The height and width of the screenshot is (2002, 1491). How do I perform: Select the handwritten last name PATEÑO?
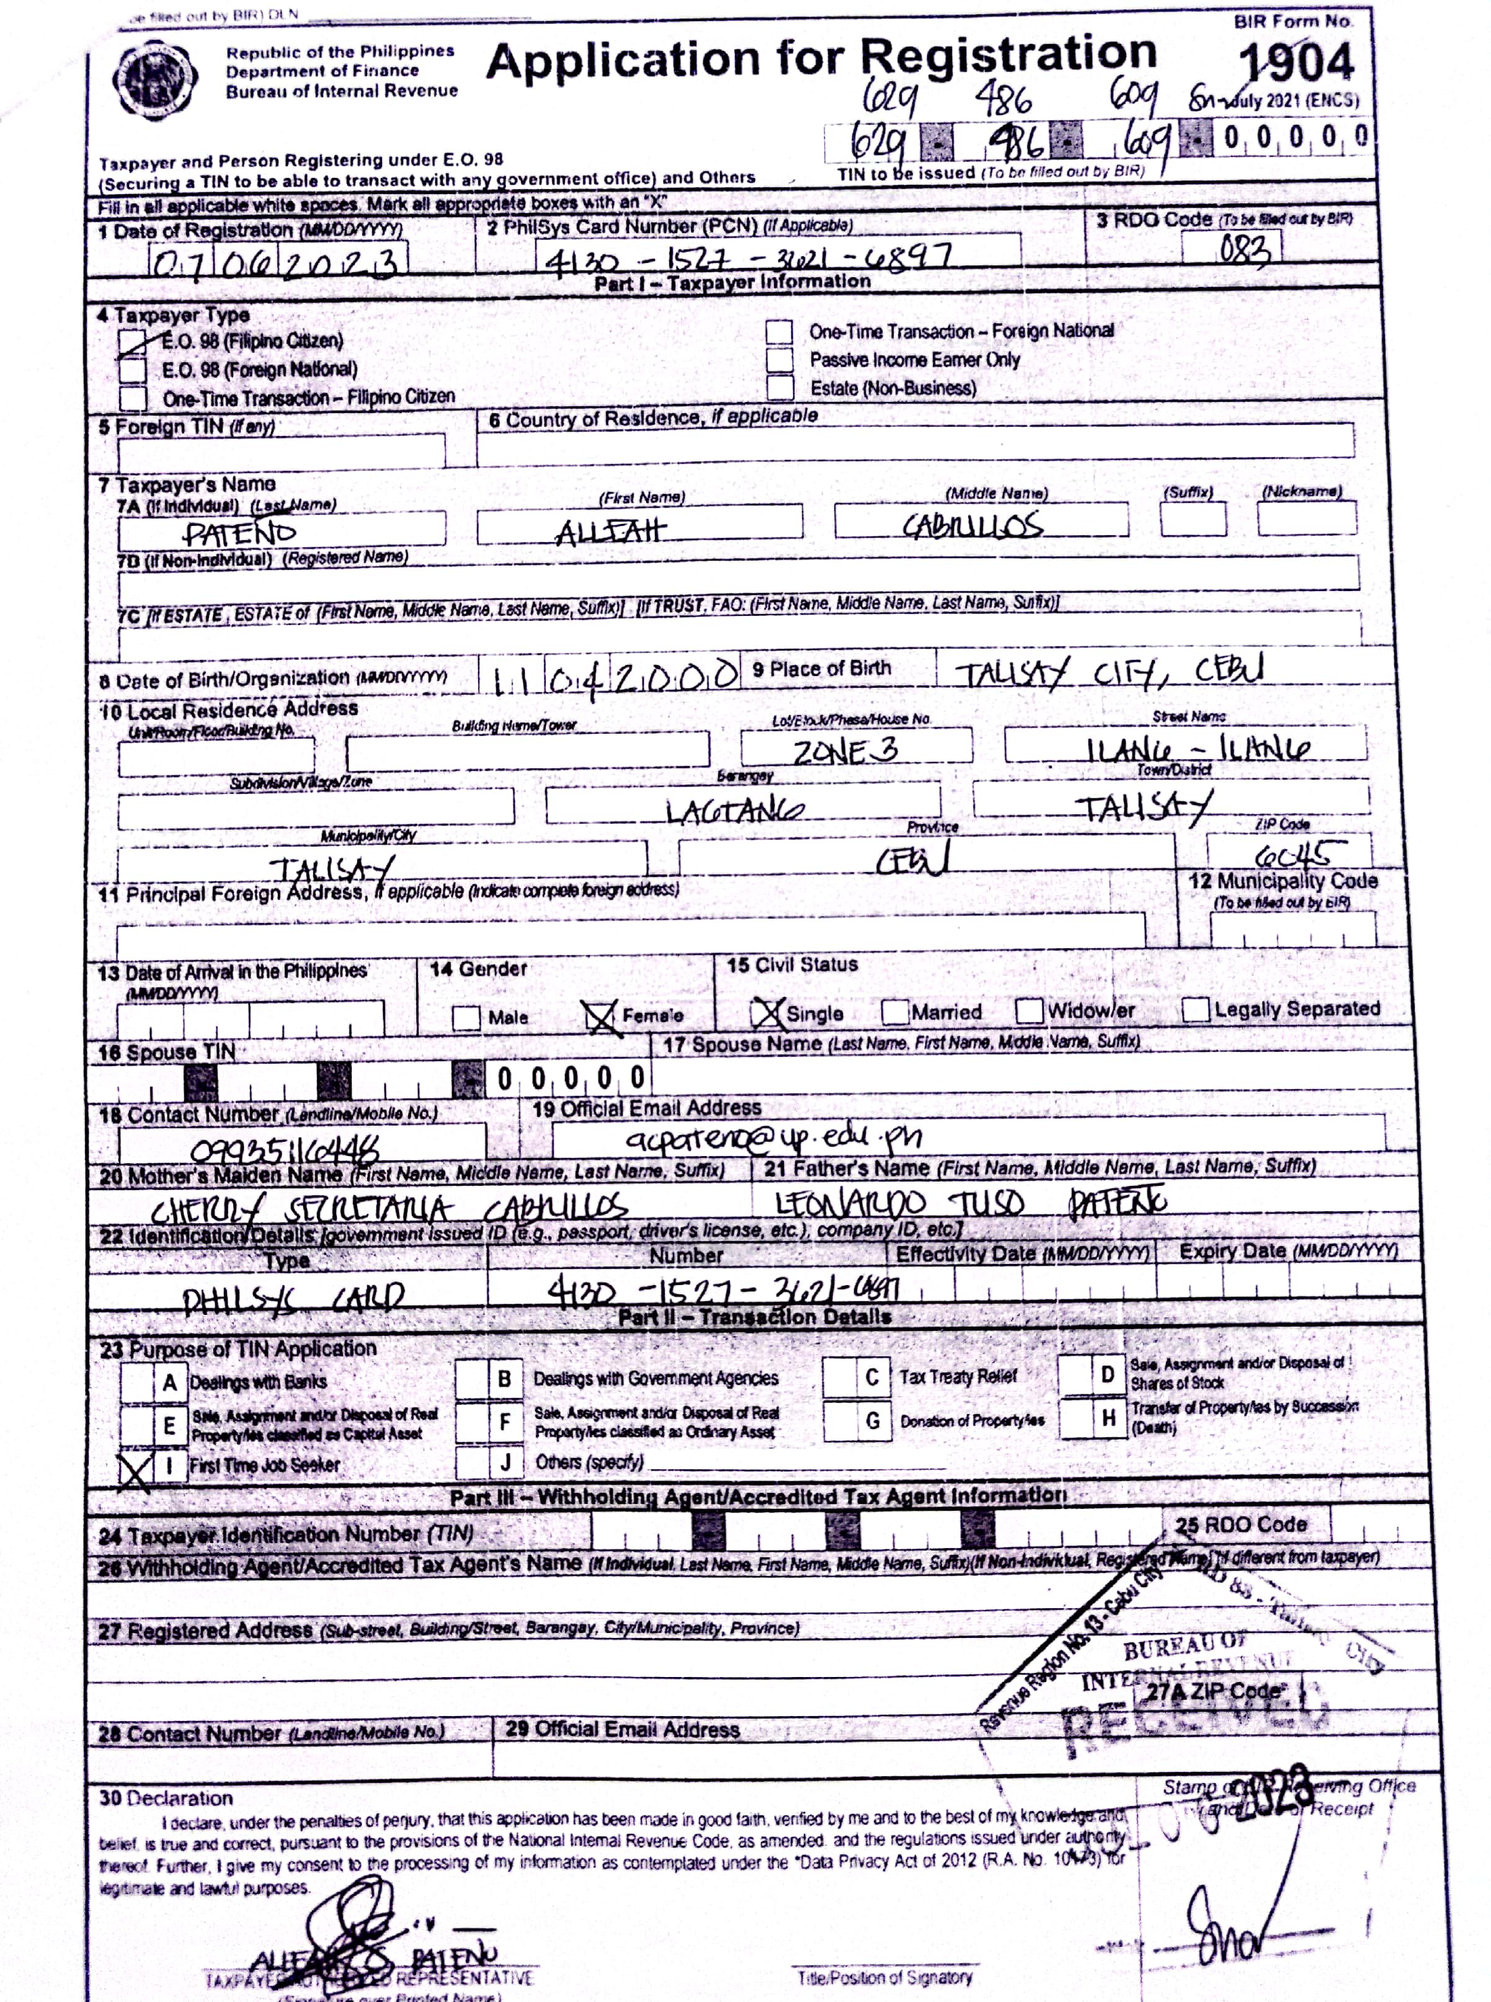pyautogui.click(x=239, y=533)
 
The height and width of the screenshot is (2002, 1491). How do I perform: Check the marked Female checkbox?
pyautogui.click(x=600, y=1017)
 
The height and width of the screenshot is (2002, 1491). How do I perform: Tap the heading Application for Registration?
pyautogui.click(x=821, y=59)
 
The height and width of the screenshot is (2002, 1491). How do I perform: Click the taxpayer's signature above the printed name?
pyautogui.click(x=361, y=1931)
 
